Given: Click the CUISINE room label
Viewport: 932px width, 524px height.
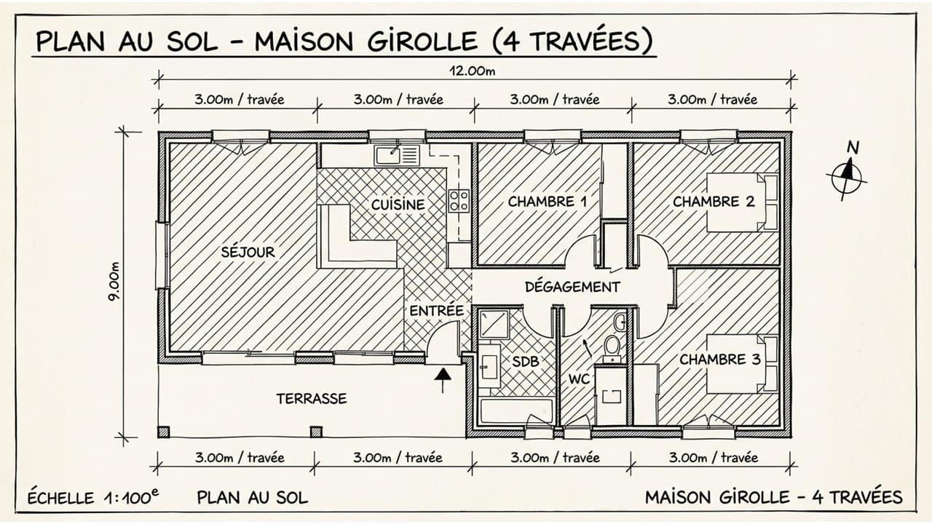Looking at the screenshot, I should click(398, 205).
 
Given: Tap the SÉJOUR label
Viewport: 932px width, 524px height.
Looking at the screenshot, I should click(248, 253).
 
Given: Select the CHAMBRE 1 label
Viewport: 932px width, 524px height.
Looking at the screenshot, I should click(547, 202).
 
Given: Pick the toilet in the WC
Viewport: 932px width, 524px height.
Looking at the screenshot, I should click(612, 344).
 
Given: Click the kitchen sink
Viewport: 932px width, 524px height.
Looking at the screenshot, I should click(397, 155).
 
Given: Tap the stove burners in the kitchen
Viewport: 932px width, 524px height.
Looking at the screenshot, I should click(459, 200).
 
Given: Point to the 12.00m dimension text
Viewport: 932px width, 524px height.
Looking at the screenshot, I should click(473, 71).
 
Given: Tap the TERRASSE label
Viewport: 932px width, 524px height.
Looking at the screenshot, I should click(311, 399).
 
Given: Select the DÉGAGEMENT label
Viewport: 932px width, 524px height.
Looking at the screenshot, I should click(572, 287).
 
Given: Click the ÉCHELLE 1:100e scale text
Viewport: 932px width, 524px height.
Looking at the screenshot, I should click(92, 498).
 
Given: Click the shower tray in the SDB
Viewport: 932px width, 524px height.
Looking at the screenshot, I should click(494, 324).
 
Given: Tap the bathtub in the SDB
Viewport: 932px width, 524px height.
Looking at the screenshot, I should click(517, 411).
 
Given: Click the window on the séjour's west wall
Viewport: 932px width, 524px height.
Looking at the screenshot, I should click(162, 255).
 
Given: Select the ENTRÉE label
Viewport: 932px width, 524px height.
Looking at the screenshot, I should click(436, 311).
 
